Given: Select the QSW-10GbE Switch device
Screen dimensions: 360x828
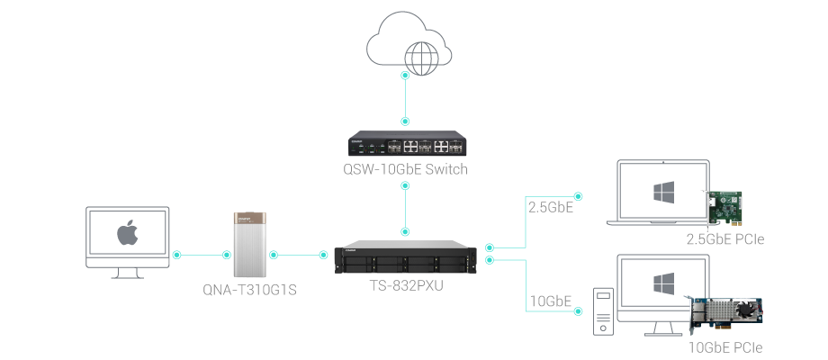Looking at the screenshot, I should click(x=406, y=145).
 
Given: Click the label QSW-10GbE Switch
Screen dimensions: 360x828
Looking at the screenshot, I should click(x=406, y=169).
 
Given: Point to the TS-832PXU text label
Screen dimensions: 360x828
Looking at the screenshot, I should click(x=406, y=286).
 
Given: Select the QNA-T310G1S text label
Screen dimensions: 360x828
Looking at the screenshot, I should click(x=250, y=290).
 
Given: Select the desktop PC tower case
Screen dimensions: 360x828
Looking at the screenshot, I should click(x=602, y=311).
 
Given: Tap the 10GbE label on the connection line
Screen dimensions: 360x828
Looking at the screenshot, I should click(x=549, y=300).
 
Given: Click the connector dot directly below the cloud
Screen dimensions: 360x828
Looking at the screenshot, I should click(x=405, y=76).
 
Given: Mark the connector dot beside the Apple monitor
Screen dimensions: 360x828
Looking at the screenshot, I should click(x=176, y=255).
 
